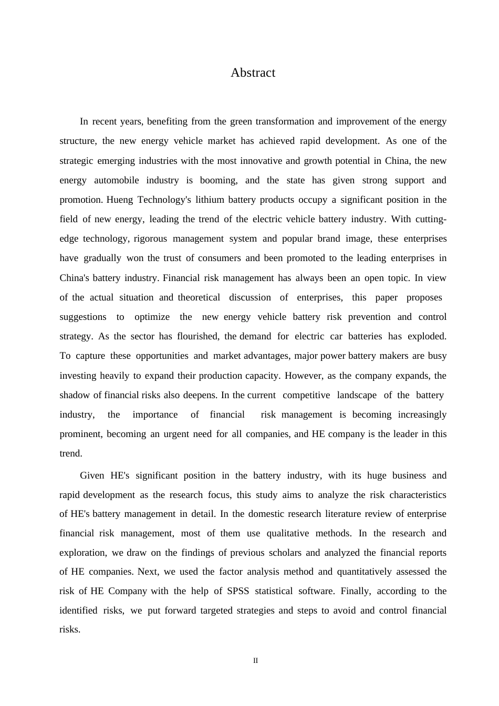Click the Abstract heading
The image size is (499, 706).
(253, 73)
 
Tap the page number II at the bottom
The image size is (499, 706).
(255, 661)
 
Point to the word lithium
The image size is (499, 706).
(209, 200)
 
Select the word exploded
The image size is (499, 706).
(427, 336)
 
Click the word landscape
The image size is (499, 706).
(357, 395)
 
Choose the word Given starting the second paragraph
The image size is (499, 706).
(92, 475)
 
